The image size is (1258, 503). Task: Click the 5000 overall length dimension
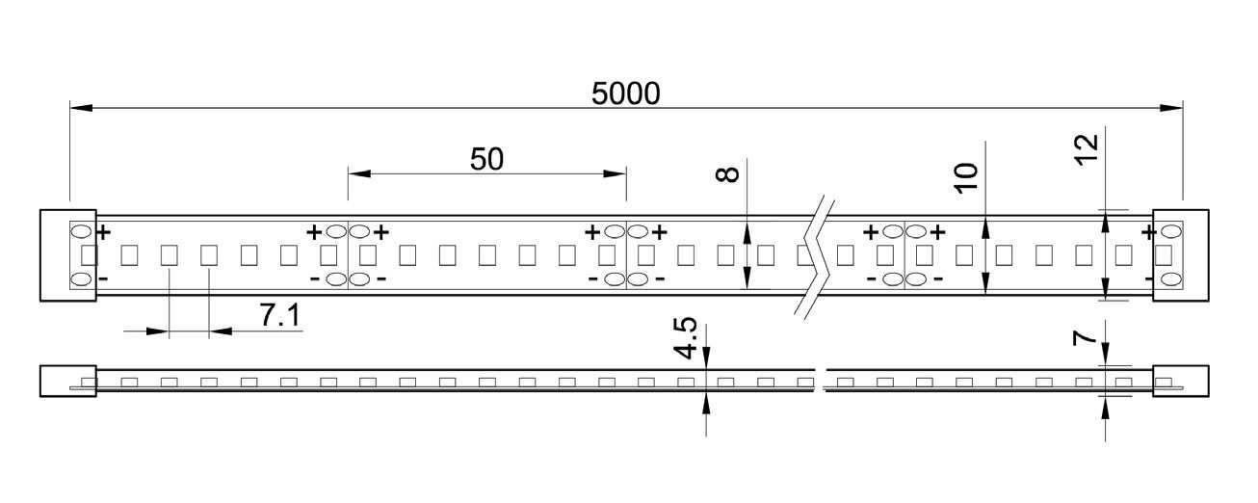point(626,93)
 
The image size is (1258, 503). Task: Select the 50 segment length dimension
point(486,159)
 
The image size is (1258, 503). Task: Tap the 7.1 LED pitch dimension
point(280,315)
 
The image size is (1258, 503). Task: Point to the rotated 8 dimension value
point(728,173)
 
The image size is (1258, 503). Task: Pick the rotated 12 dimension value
point(1086,149)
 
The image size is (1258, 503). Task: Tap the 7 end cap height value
point(1086,338)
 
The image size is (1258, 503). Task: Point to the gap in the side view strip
point(820,381)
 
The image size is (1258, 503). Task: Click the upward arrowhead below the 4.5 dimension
point(706,403)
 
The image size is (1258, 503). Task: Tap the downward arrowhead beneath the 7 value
point(1105,357)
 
